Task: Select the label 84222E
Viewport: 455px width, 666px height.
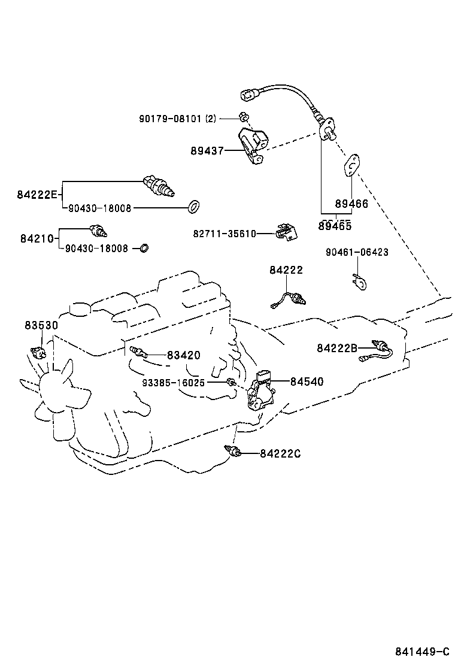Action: [x=37, y=194]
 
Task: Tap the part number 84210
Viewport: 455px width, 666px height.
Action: [x=37, y=238]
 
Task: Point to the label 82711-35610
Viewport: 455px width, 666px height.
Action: [x=225, y=234]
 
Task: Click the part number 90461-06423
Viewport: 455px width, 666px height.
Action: [x=357, y=252]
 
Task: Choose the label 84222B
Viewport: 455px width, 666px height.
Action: [x=337, y=348]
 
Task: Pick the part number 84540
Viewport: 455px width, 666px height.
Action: [x=307, y=381]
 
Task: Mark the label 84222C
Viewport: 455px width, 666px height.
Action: [x=280, y=453]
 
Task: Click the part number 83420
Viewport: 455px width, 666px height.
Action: [x=183, y=355]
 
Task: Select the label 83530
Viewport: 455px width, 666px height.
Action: [x=41, y=325]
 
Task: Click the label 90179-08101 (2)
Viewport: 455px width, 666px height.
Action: [x=177, y=119]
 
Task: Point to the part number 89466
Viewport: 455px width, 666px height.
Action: [x=351, y=204]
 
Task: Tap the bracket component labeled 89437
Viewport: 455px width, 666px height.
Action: [x=253, y=144]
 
